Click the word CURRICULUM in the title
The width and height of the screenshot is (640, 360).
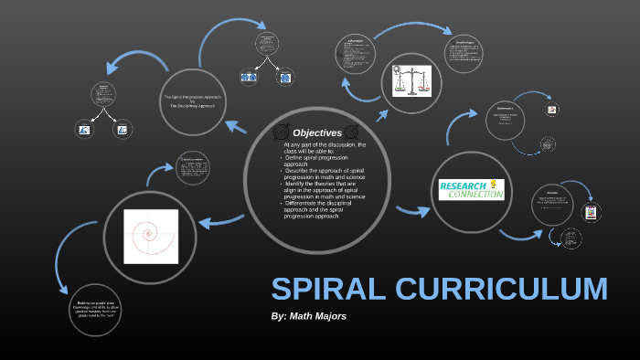point(502,289)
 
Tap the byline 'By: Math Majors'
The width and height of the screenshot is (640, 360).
point(309,316)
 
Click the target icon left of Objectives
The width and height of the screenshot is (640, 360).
point(281,132)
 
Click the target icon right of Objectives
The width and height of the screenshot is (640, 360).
point(351,132)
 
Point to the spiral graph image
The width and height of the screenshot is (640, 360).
point(151,236)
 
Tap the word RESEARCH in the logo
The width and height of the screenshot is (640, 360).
point(463,185)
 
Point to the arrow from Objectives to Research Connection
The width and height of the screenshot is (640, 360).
point(411,211)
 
